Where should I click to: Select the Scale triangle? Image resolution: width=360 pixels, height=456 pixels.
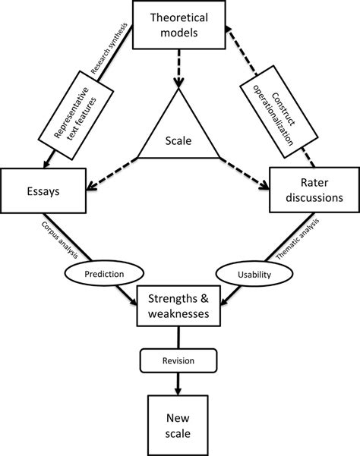coord(180,136)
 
